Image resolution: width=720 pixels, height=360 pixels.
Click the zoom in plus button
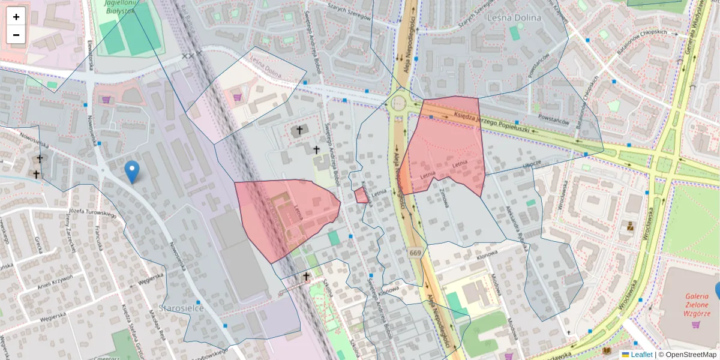(16, 17)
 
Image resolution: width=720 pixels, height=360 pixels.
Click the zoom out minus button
(16, 35)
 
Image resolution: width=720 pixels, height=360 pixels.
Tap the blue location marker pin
(131, 172)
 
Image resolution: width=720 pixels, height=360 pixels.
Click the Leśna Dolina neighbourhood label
(515, 18)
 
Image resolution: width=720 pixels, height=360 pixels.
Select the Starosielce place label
(181, 308)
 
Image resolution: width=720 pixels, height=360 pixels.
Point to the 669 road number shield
(415, 253)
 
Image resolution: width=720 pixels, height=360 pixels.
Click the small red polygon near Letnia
(361, 196)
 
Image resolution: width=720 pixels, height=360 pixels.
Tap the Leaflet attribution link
(641, 355)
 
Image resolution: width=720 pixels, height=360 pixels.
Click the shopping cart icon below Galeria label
(695, 325)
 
